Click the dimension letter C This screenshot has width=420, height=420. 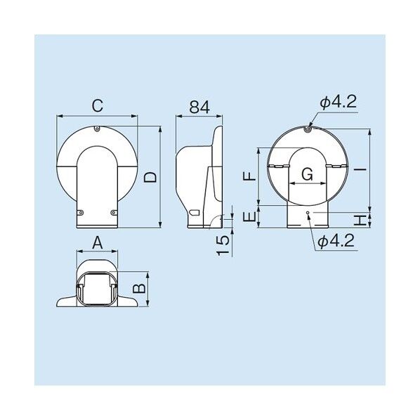point(98,106)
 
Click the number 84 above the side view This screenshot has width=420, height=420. point(199,107)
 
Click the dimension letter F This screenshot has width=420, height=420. point(249,176)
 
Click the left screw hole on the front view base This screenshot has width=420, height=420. point(80,213)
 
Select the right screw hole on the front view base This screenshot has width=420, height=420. point(114,213)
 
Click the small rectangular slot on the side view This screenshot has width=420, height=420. point(195,211)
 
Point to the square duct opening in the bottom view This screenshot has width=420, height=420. point(98,288)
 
